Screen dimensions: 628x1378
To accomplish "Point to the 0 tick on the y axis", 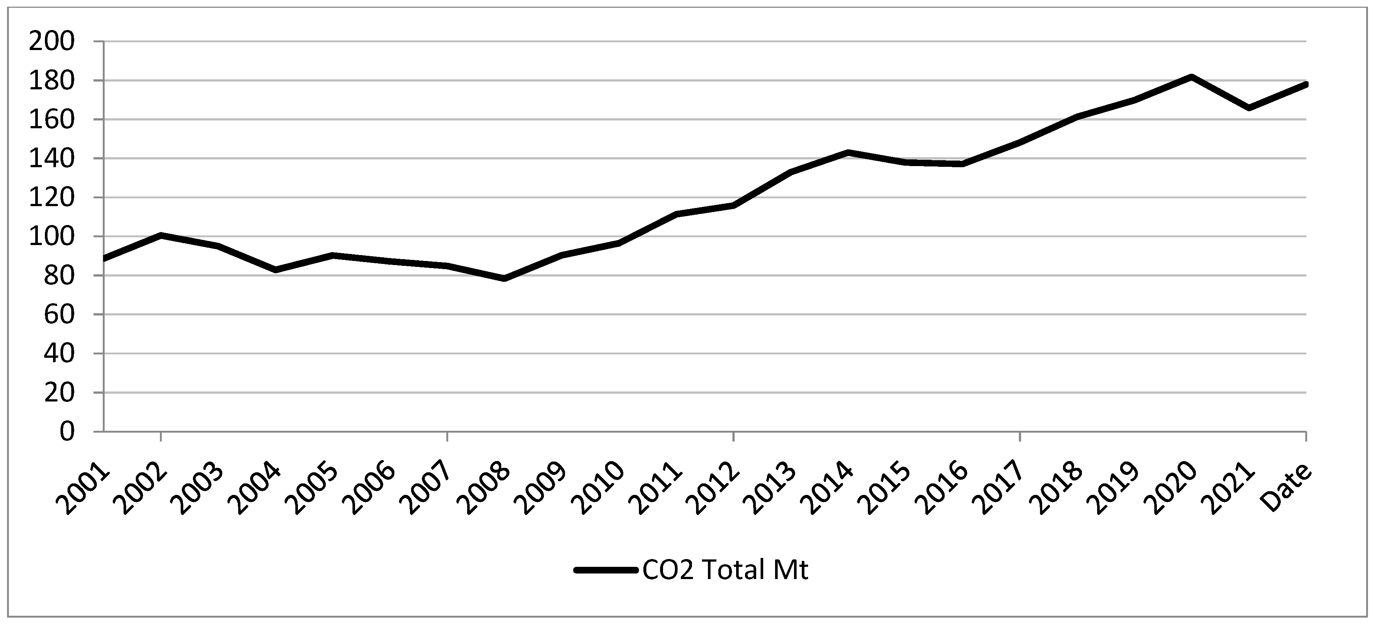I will coord(67,431).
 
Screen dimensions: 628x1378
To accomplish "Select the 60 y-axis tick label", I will coord(59,315).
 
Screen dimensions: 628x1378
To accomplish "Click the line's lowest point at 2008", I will coord(505,278).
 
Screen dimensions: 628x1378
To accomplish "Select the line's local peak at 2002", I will coord(161,235).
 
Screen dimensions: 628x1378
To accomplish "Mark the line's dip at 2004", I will coord(276,270).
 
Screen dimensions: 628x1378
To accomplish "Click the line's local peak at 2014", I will coord(848,152).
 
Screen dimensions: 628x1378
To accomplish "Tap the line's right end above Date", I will coord(1306,85).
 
